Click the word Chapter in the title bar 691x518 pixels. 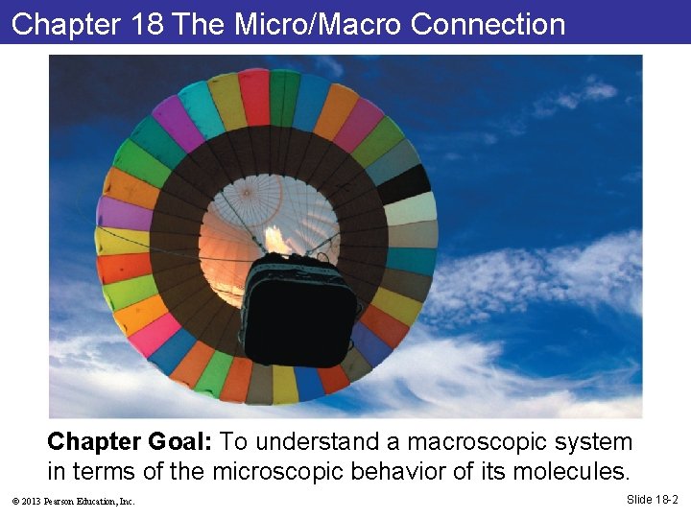63,24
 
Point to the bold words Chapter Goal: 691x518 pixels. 130,442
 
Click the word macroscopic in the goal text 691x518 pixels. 478,442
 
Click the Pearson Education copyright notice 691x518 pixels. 73,501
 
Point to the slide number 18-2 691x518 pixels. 653,500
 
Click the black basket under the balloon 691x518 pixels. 299,307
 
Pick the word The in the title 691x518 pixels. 198,24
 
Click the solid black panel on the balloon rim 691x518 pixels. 403,182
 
